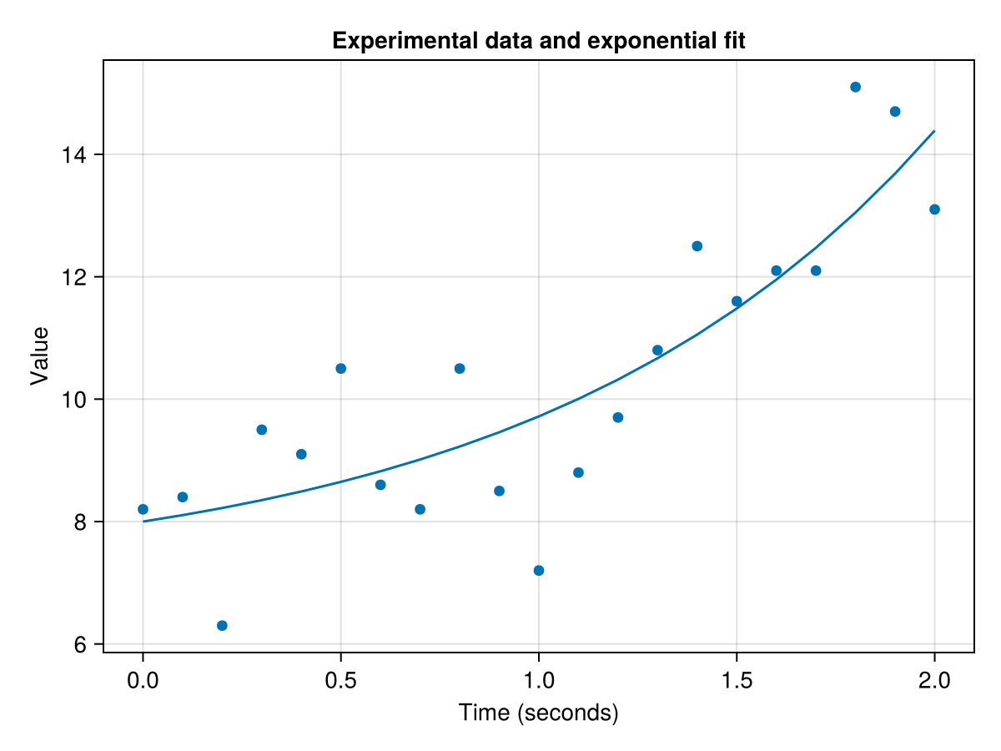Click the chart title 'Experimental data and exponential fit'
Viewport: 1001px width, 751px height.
click(x=538, y=41)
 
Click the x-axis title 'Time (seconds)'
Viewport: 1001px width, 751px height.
click(x=538, y=713)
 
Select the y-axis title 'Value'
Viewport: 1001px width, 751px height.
click(x=39, y=355)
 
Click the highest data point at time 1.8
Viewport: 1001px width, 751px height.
click(x=855, y=87)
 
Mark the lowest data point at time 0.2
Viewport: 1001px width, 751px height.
click(x=222, y=626)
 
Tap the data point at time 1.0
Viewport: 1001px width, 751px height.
click(x=539, y=571)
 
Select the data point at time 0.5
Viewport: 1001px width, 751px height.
click(x=340, y=369)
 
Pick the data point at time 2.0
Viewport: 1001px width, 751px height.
click(x=934, y=209)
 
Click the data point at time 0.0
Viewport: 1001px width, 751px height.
click(x=143, y=509)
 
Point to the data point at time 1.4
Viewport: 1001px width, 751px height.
click(x=697, y=246)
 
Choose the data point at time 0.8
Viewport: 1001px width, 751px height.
click(x=460, y=369)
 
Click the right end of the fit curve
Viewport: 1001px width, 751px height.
click(x=934, y=131)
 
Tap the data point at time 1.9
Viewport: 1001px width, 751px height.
click(x=895, y=112)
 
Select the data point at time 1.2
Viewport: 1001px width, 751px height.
click(x=618, y=417)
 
